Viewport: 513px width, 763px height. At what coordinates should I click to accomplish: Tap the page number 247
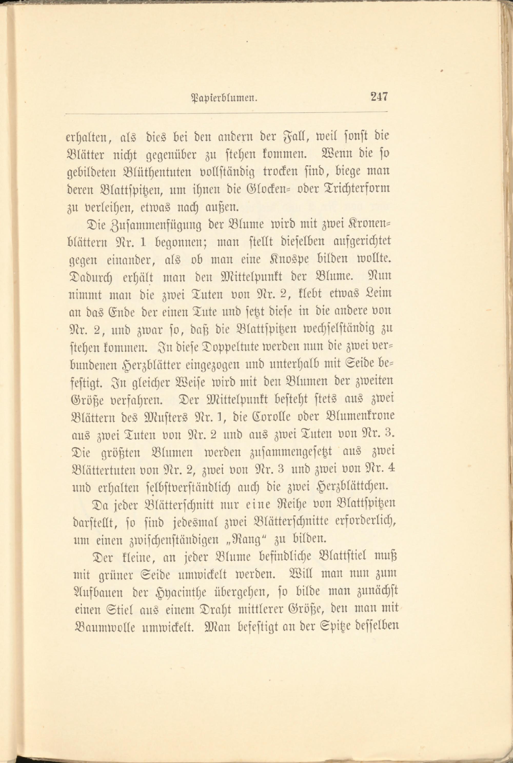point(379,97)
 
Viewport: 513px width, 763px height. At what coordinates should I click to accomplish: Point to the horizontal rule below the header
point(226,113)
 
